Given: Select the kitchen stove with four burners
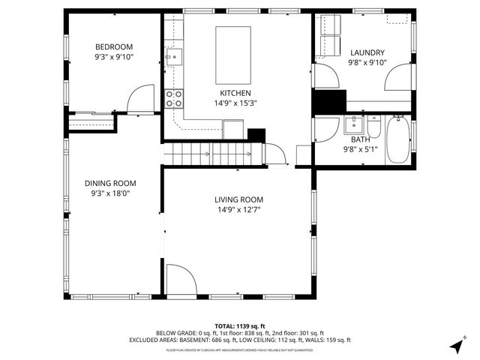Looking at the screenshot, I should click(x=174, y=97).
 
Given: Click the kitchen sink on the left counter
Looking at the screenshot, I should click(x=174, y=55).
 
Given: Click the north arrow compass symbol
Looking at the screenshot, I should click(x=455, y=346).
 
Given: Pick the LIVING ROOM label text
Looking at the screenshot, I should click(x=238, y=199).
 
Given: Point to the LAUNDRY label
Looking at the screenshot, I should click(x=367, y=52).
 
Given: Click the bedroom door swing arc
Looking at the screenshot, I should click(x=139, y=99).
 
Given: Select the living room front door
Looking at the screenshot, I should click(x=181, y=280).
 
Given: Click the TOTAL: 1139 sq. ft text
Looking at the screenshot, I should click(x=240, y=325).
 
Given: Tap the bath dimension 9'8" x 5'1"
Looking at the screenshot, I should click(x=360, y=148).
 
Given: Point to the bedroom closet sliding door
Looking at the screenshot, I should click(x=91, y=114).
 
